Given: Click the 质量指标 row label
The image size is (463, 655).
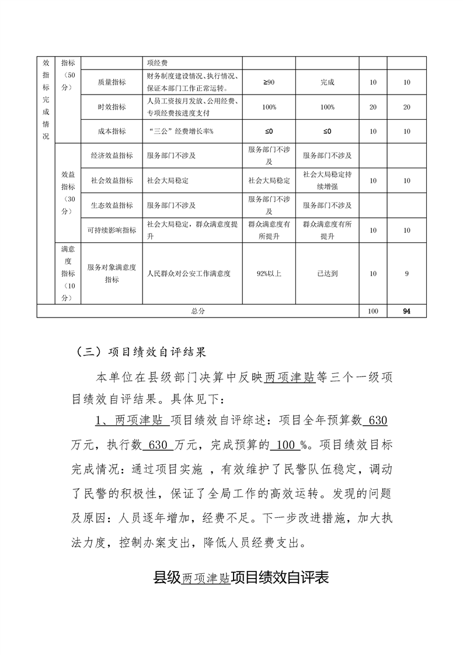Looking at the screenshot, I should pos(112,82).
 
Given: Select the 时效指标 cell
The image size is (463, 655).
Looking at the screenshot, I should pos(112,107).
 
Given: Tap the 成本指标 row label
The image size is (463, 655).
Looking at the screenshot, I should pos(112,131).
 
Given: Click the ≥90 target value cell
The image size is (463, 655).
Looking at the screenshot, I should pos(269,82).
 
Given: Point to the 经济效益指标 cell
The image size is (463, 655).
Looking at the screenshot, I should pos(112,156).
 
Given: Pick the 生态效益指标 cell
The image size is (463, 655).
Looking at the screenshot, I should pos(112,205).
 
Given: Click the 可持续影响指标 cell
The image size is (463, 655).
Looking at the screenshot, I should pos(112,230).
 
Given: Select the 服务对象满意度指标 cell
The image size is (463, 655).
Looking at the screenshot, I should pos(112,273).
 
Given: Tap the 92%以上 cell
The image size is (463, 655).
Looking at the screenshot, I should pos(269,273).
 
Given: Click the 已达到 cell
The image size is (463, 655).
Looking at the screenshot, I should pos(327,273).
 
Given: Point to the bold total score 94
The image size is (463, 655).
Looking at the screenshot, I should pos(406,311).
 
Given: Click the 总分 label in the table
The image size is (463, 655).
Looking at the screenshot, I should pos(198,311).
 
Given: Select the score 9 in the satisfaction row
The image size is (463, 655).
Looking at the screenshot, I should pos(406,273).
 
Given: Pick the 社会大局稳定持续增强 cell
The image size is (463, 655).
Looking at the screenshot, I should pos(327,180).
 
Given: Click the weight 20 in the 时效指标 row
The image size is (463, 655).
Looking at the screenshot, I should pos(373,107).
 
